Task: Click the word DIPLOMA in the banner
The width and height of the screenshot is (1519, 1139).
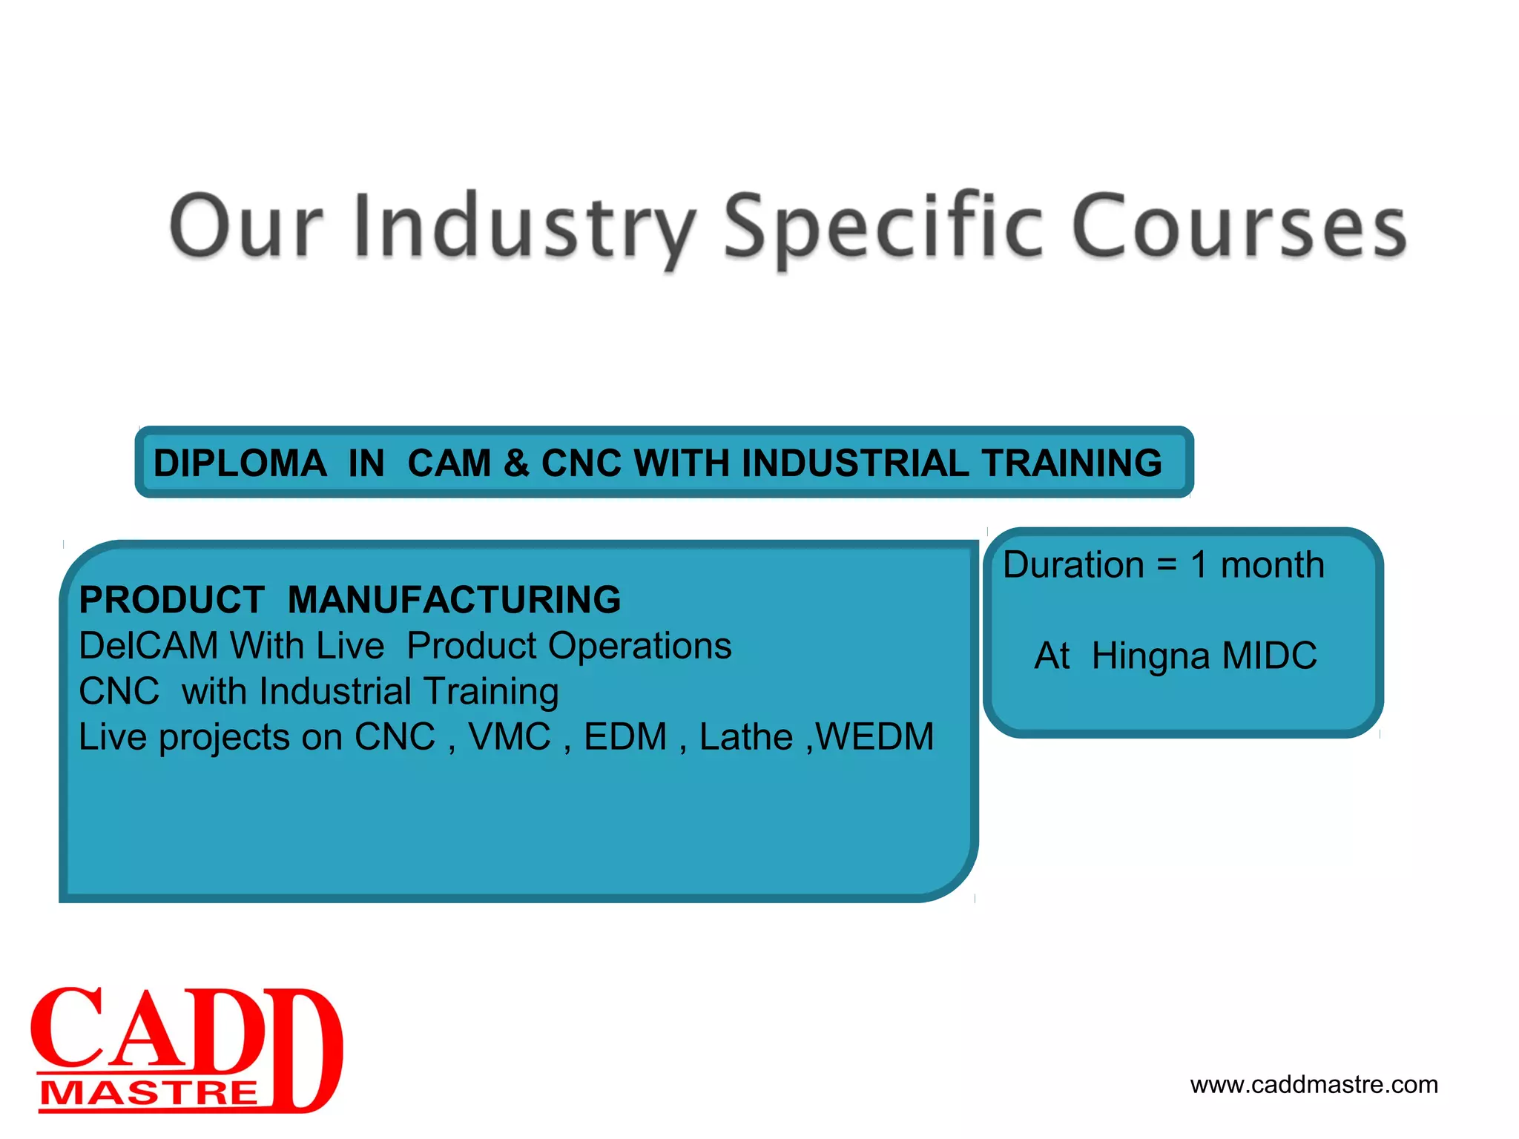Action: tap(240, 463)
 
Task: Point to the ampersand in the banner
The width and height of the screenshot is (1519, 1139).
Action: tap(516, 463)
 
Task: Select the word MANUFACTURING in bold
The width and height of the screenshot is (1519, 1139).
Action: tap(454, 600)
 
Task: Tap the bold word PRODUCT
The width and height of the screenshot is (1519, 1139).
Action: tap(171, 600)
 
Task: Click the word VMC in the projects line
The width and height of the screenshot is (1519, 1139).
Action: tap(510, 737)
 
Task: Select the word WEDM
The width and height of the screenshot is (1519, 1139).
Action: tap(875, 737)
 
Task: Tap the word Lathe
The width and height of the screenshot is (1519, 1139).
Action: tap(745, 737)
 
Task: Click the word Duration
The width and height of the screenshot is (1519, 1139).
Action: tap(1073, 565)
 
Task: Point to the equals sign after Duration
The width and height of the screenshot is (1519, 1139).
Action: tap(1167, 565)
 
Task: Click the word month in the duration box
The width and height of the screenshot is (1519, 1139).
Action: tap(1272, 565)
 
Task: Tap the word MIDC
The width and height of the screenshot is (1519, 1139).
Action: tap(1269, 656)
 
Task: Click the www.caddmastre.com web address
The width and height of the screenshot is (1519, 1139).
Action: tap(1314, 1085)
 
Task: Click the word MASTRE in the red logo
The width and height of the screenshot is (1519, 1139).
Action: tap(148, 1094)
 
